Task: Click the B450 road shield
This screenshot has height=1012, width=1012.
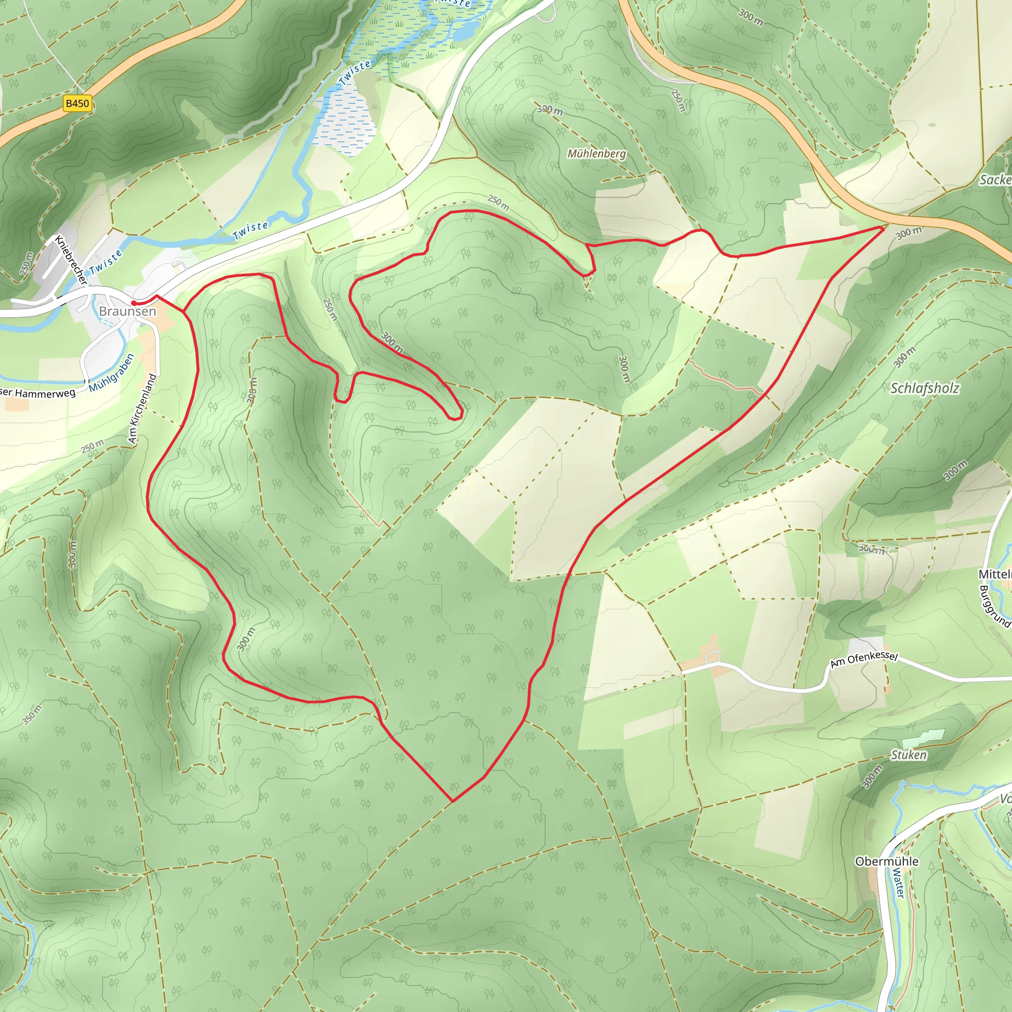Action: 77,103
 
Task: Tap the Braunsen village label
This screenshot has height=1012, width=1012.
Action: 127,311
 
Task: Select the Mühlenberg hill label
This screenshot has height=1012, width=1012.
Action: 596,154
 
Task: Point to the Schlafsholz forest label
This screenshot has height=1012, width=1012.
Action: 925,388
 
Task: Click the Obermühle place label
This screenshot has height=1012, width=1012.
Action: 887,862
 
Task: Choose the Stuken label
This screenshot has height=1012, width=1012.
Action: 909,755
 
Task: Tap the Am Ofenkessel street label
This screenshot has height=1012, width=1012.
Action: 864,660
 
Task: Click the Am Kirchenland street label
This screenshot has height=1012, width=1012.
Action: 142,409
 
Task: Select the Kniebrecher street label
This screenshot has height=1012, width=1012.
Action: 70,260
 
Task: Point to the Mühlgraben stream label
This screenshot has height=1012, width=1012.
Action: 112,373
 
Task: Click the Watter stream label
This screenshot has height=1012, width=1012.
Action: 899,883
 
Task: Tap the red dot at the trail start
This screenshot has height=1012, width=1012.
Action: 134,303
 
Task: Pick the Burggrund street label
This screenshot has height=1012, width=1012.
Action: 994,606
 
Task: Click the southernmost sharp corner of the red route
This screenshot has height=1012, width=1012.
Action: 453,801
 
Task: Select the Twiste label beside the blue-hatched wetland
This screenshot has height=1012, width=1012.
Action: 355,72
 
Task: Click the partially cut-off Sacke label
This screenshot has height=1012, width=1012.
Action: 995,180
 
